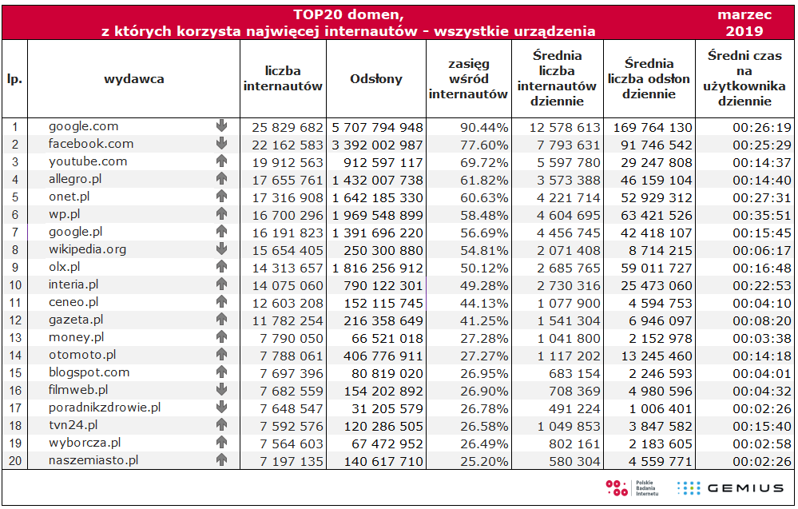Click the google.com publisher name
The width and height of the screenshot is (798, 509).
[83, 126]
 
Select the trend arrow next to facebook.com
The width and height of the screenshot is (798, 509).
[221, 144]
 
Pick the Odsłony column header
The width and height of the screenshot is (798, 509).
[376, 79]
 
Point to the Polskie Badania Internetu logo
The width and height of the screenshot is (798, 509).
[632, 488]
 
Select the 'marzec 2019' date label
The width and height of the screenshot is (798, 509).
[744, 24]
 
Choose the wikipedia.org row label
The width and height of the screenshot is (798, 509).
[88, 249]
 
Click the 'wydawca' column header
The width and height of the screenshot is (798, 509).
[133, 79]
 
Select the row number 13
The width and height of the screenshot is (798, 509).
[14, 337]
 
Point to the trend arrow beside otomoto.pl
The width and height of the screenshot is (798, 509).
[221, 355]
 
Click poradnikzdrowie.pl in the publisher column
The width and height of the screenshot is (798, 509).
[105, 408]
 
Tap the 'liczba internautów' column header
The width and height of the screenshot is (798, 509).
[283, 79]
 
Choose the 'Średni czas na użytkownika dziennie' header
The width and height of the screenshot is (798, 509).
[744, 79]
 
